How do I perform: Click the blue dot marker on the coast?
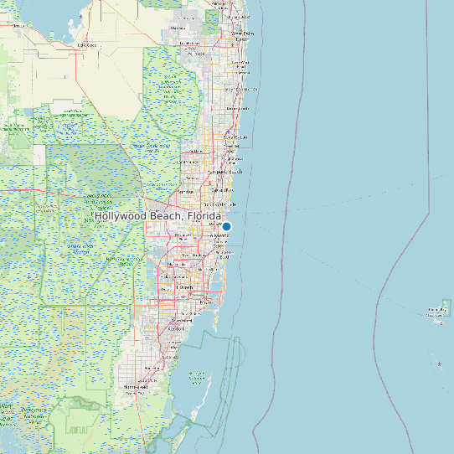pos(226,226)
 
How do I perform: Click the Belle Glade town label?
pos(85,45)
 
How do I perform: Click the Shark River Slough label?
pos(80,248)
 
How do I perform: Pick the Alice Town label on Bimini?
pos(436,311)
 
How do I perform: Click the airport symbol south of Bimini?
pos(440,364)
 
